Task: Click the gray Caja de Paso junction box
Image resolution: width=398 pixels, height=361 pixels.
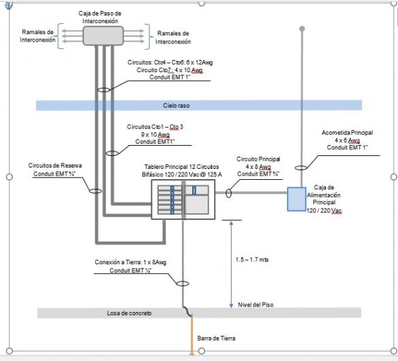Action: coord(104,36)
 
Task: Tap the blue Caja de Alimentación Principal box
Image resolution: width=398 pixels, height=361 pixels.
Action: coord(296,199)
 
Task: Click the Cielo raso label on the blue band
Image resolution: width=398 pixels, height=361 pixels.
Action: coord(176,106)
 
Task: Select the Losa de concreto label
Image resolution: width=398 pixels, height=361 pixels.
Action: coord(129,313)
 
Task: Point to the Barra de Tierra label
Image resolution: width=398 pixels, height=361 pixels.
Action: coord(216,338)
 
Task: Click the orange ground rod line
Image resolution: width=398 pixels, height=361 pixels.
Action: coord(192,334)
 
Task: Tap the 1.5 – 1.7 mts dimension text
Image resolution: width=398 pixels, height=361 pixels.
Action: coord(251,260)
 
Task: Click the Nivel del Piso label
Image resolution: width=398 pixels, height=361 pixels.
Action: coord(256,304)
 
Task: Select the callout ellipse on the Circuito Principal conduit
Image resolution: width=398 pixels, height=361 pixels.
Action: coord(228,193)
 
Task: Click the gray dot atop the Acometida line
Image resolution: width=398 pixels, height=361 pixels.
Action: coord(302,29)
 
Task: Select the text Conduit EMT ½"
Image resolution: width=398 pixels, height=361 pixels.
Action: coord(130,270)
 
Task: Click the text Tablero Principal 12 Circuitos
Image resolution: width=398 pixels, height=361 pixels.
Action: coord(181,167)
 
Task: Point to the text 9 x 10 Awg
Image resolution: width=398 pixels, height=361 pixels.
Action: coord(155,134)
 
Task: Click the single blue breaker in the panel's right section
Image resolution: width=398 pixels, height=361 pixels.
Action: coord(194,191)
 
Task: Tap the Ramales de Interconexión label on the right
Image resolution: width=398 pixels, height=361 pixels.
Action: coord(173,37)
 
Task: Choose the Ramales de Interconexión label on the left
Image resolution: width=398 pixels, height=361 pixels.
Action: coord(37,36)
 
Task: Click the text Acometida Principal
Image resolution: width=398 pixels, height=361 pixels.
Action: coord(347,132)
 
